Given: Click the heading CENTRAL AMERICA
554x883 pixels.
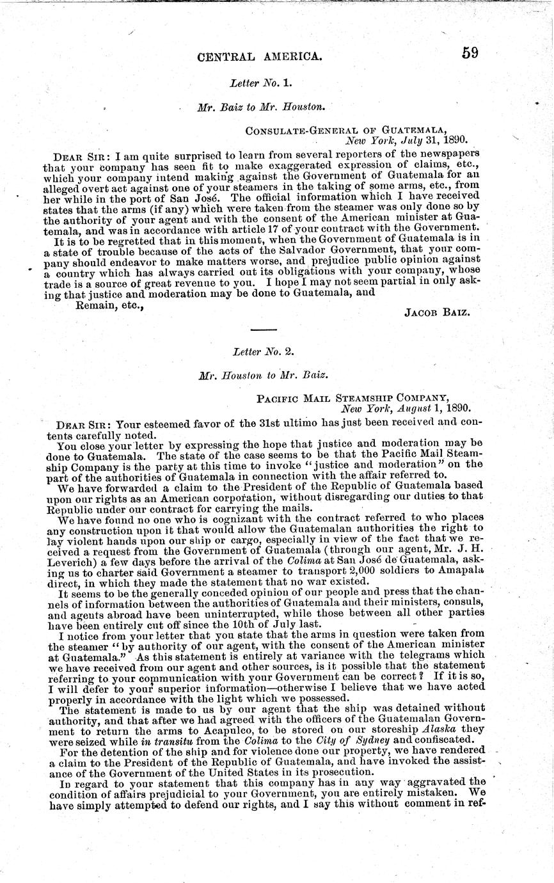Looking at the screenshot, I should pos(260,57).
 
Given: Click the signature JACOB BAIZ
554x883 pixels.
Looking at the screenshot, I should pos(438,312).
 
